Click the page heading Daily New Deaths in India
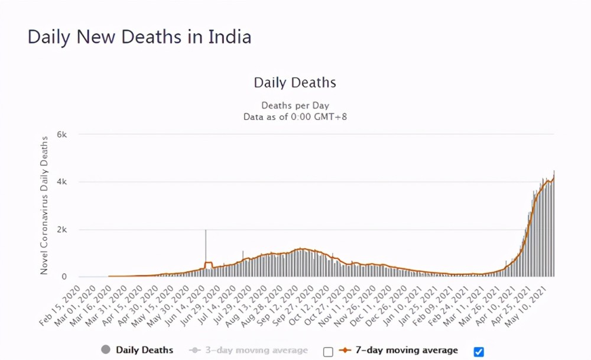tap(139, 37)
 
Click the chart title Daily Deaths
tap(295, 83)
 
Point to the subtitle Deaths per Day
tap(295, 106)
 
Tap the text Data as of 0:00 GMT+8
tap(295, 117)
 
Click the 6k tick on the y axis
tap(61, 134)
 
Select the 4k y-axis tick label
tap(61, 182)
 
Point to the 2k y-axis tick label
tap(61, 229)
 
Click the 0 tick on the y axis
tap(65, 277)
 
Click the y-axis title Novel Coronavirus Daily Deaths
tap(44, 205)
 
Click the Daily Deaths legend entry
tap(144, 351)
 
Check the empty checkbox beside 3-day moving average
tap(328, 352)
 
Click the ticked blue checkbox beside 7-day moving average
tap(479, 352)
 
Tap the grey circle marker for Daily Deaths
tap(106, 350)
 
